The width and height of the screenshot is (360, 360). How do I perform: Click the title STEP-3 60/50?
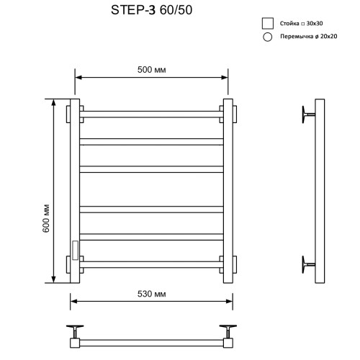[151, 10]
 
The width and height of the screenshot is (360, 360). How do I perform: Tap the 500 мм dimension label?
[151, 70]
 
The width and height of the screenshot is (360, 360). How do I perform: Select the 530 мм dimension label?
[151, 294]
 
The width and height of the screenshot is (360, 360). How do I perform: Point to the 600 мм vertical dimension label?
[46, 218]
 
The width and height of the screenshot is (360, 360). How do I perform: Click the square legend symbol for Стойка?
[268, 23]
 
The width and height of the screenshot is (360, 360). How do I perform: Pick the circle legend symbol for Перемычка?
[268, 37]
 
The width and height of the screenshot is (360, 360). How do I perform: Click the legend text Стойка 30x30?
[301, 24]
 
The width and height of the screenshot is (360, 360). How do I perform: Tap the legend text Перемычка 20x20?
[309, 37]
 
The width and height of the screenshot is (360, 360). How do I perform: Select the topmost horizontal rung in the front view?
[151, 114]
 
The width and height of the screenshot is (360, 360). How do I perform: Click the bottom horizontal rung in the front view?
[151, 264]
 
